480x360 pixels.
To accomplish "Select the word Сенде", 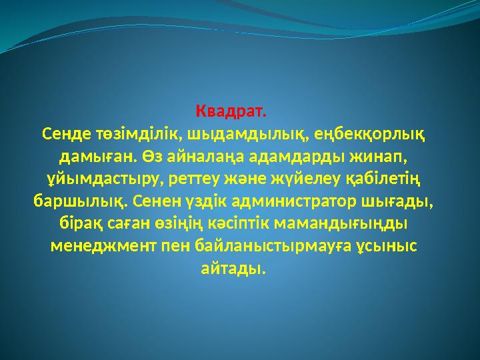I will (x=64, y=133).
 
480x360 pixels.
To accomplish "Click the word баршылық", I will (x=80, y=201).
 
